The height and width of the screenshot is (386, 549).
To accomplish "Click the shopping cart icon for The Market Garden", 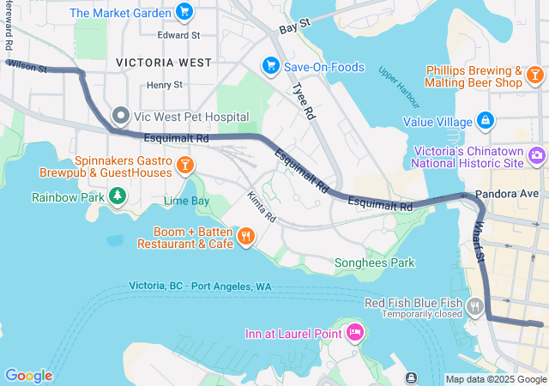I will [x=184, y=12].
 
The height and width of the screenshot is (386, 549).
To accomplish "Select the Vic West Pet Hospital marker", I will [x=122, y=116].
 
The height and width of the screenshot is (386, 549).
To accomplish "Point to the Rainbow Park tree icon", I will [x=117, y=196].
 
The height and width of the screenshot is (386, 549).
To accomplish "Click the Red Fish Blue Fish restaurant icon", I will [x=475, y=305].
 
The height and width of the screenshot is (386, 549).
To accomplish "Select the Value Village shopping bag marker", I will [x=486, y=121].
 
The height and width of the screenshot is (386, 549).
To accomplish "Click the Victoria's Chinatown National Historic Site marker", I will [x=537, y=155].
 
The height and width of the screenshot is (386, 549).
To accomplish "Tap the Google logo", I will [x=28, y=375].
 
